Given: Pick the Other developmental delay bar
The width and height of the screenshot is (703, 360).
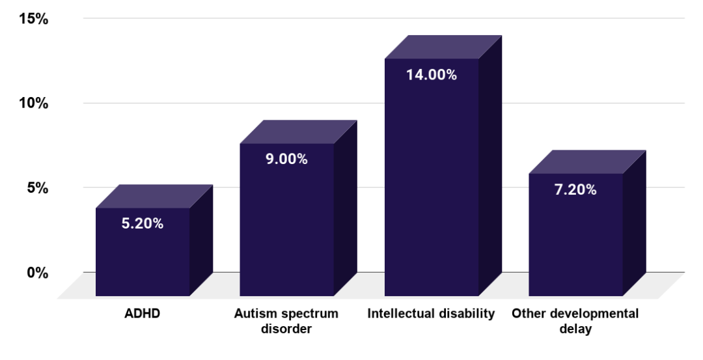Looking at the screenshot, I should (x=575, y=241).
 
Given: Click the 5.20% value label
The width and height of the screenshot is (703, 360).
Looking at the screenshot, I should (x=143, y=224).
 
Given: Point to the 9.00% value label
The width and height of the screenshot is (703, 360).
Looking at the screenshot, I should (x=286, y=159).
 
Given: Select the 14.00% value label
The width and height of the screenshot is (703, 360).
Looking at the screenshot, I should (x=432, y=75).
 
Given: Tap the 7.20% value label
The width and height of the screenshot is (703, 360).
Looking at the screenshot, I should (x=575, y=190).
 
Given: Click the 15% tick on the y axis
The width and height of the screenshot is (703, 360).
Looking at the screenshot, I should (x=33, y=19).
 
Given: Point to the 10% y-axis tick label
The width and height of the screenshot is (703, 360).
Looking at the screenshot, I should (x=33, y=104).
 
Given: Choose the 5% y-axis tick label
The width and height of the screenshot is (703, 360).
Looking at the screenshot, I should (x=37, y=188).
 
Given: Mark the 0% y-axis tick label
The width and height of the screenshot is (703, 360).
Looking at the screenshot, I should (x=37, y=273).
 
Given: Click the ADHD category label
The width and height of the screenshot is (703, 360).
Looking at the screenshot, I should (x=143, y=314).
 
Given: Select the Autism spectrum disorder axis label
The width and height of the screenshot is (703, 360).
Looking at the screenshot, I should (x=286, y=321).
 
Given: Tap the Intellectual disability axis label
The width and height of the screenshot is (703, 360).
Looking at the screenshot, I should (x=431, y=314).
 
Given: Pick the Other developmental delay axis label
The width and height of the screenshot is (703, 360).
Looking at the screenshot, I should (x=575, y=321).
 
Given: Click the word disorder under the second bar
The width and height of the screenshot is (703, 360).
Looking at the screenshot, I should (x=286, y=329).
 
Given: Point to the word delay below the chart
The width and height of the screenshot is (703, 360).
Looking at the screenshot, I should (x=575, y=329).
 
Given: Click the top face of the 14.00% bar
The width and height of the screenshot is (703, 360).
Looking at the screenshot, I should (x=443, y=48).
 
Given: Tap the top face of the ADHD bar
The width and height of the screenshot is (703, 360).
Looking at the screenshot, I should (x=154, y=197).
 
